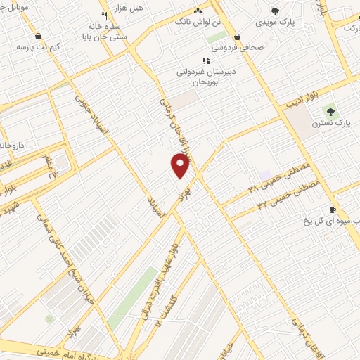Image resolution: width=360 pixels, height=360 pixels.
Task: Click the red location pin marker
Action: tap(181, 165)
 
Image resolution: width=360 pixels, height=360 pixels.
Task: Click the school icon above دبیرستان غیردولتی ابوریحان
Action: tap(205, 60)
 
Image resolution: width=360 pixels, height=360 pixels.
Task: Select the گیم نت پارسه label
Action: tap(36, 47)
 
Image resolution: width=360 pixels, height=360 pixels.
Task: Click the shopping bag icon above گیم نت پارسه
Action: tap(37, 36)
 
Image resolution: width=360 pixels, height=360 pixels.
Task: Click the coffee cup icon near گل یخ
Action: tap(334, 210)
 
